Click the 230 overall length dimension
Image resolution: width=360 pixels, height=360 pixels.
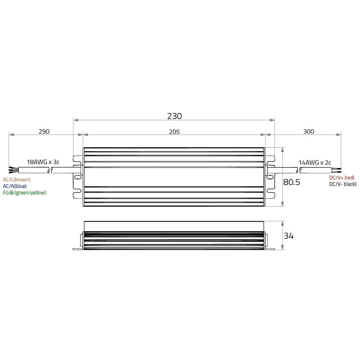pyautogui.click(x=175, y=116)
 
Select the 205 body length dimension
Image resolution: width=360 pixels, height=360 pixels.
pyautogui.click(x=174, y=132)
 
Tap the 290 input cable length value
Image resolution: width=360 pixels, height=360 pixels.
pyautogui.click(x=44, y=131)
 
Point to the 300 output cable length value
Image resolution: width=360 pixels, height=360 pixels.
pyautogui.click(x=309, y=131)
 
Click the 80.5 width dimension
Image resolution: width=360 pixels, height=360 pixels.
pyautogui.click(x=292, y=182)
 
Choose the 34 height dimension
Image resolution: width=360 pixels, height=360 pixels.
pyautogui.click(x=289, y=236)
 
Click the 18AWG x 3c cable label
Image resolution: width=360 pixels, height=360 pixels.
pyautogui.click(x=43, y=162)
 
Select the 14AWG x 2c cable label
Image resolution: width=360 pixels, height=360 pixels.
pyautogui.click(x=315, y=163)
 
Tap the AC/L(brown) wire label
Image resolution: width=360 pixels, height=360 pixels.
pyautogui.click(x=17, y=180)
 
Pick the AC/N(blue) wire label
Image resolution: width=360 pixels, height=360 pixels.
pyautogui.click(x=15, y=186)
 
